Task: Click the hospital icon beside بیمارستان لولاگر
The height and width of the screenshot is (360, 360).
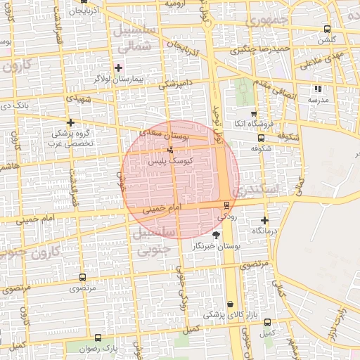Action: tap(117, 68)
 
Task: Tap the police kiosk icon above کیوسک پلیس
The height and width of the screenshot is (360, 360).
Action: tap(170, 150)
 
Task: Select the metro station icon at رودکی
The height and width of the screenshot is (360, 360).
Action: tap(226, 205)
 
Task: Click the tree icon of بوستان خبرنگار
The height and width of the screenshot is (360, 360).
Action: tap(215, 235)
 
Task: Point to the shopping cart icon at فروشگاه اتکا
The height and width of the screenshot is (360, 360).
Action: tap(253, 114)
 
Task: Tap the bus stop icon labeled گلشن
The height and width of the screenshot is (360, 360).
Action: tap(327, 29)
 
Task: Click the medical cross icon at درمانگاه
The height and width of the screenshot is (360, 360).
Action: tap(264, 220)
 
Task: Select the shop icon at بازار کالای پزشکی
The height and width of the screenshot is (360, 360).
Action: tap(231, 304)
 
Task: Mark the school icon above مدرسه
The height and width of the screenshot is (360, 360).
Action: tap(318, 89)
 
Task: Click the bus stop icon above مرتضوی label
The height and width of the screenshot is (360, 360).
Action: tap(83, 278)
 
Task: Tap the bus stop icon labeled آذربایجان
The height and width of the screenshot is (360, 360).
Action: tap(75, 12)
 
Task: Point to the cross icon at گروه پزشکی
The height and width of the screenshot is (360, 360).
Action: tap(70, 122)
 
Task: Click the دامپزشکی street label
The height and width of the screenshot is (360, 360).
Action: tap(175, 83)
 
